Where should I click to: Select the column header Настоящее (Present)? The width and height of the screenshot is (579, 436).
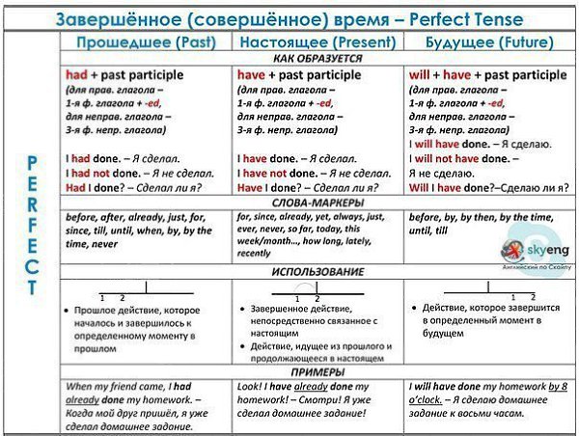click(317, 42)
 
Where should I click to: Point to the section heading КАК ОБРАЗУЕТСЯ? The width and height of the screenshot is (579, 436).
click(317, 59)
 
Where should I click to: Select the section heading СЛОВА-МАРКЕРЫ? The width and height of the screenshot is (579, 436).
click(317, 204)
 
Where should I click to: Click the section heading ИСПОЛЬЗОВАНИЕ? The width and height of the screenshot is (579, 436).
click(317, 272)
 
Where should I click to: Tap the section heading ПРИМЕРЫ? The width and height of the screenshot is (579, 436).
click(317, 371)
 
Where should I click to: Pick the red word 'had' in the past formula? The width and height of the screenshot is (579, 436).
click(75, 74)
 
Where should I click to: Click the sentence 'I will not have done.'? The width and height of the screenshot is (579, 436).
click(459, 159)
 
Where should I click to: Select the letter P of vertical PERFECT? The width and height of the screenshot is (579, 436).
click(32, 162)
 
